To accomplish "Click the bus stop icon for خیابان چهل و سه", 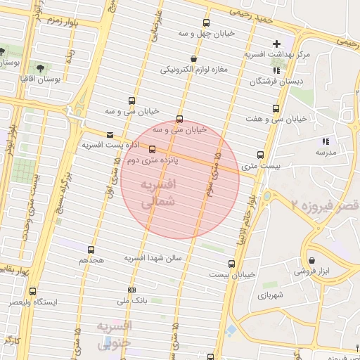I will (206, 22).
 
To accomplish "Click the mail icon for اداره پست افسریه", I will (108, 134).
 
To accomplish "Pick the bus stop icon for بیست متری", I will (261, 155).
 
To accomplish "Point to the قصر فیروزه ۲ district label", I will (324, 205).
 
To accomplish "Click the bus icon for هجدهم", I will (91, 249).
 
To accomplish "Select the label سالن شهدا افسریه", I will (153, 258).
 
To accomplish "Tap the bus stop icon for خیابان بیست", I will (231, 264).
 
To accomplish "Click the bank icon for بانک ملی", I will (131, 290).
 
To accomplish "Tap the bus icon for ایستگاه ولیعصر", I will (33, 291).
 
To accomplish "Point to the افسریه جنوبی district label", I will (113, 335).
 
